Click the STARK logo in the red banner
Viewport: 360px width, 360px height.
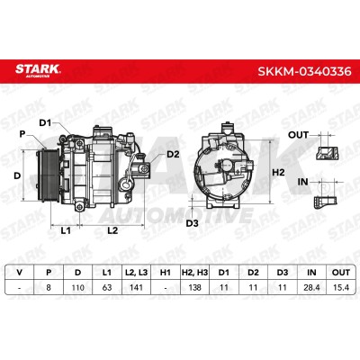click(38, 70)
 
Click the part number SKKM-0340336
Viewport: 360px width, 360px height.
click(304, 71)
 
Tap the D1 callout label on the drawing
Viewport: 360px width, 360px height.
click(45, 122)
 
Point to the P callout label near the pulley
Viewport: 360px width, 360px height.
click(22, 134)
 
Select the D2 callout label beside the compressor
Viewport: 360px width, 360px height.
click(173, 155)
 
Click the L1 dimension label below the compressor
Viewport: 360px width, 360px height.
click(66, 230)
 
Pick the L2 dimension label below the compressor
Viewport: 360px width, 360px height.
click(112, 230)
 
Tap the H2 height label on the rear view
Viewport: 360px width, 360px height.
click(278, 173)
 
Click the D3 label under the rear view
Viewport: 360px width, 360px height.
click(192, 223)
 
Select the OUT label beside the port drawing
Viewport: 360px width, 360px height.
click(298, 135)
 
